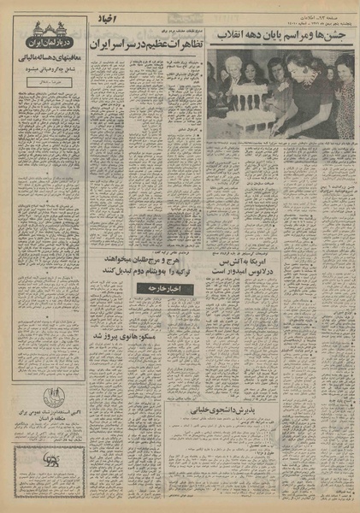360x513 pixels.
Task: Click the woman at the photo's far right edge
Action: click(x=346, y=94)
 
